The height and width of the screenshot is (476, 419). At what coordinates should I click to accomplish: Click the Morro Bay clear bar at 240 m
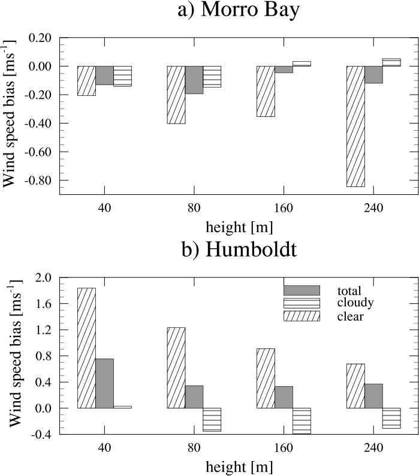pos(356,126)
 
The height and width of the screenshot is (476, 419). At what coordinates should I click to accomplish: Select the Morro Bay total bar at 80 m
pos(194,80)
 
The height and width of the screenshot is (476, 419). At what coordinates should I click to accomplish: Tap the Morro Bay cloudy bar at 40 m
pos(122,76)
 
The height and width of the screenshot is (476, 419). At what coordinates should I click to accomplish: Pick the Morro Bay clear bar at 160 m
pos(266,91)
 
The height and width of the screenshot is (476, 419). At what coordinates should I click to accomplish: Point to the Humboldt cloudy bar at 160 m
pos(302,420)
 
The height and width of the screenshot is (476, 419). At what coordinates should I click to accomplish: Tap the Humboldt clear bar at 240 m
pos(356,385)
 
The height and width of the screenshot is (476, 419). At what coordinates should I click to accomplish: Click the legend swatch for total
pos(302,290)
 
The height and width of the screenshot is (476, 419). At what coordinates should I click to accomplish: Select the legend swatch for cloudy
pos(302,303)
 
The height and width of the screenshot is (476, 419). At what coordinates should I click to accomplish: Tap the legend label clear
pos(351,316)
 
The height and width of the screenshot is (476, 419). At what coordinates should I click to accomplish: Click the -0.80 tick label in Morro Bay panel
pos(39,180)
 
